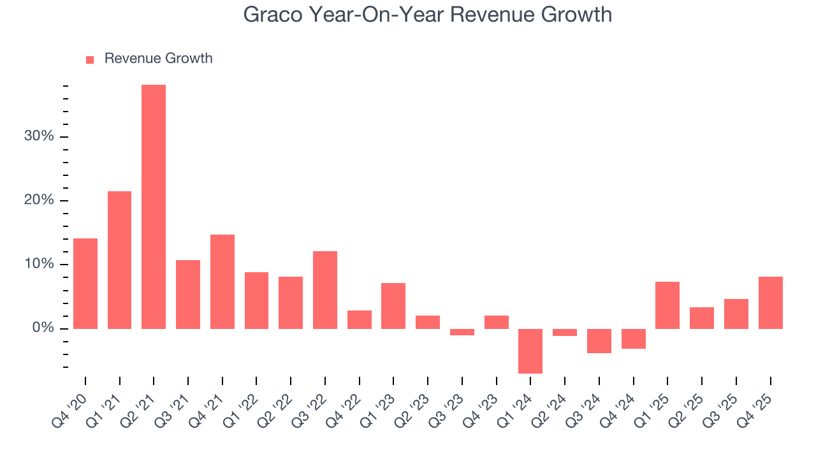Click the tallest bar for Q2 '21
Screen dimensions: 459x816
point(154,207)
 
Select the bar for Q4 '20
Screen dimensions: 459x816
point(85,284)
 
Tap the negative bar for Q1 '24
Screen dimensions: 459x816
point(530,351)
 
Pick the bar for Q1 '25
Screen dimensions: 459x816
point(667,305)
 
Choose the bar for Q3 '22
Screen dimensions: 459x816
point(325,290)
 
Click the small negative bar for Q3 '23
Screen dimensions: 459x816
point(462,332)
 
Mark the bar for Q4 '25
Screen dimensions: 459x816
point(770,303)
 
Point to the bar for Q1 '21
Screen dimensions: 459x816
point(120,260)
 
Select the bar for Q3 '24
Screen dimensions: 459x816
point(599,341)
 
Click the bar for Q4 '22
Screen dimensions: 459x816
point(360,319)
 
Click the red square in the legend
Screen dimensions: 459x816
point(90,59)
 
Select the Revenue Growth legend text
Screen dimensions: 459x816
point(158,59)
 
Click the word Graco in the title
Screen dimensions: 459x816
point(273,14)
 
